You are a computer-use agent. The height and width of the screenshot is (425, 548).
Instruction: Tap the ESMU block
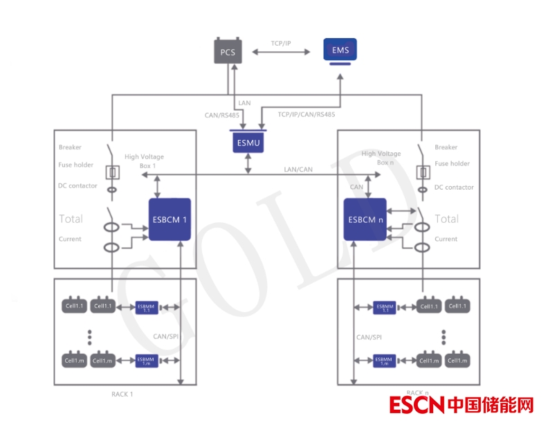248,143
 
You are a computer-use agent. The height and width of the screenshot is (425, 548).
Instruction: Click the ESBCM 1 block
170,219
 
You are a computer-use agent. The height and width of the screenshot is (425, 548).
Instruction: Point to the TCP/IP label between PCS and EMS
281,43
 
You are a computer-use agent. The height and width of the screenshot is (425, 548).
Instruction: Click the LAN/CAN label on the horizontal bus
298,169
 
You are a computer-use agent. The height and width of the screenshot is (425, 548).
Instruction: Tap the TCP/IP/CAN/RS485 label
306,114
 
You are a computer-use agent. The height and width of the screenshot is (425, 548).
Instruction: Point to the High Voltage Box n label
381,158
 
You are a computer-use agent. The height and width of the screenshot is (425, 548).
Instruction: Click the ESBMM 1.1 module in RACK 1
147,307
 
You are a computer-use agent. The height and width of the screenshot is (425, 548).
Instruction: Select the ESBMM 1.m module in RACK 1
147,360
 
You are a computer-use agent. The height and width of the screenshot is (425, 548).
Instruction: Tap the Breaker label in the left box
70,147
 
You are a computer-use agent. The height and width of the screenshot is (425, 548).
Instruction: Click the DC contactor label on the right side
454,187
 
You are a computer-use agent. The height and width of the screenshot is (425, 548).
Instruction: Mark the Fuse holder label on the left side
76,164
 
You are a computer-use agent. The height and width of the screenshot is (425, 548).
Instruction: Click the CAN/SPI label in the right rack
369,337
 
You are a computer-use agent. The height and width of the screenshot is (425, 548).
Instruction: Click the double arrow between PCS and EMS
281,53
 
